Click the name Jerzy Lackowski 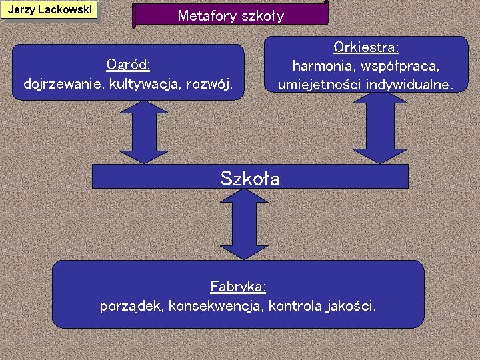tap(49, 10)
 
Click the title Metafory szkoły tap(231, 16)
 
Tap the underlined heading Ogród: tap(128, 65)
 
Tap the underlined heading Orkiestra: tap(366, 48)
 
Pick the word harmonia tap(321, 67)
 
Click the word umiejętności tap(319, 85)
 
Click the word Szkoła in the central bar tap(250, 179)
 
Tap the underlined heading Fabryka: tap(238, 287)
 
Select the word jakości tap(352, 306)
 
